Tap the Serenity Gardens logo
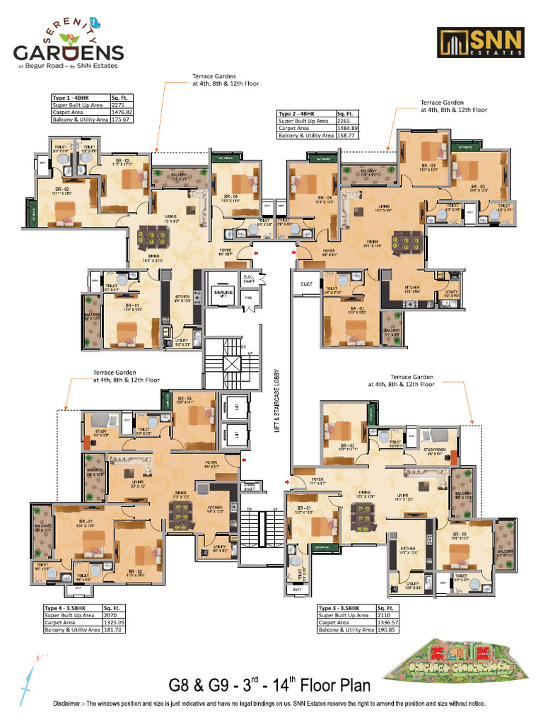[69, 48]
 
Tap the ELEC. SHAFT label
[249, 278]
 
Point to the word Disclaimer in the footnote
[72, 704]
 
